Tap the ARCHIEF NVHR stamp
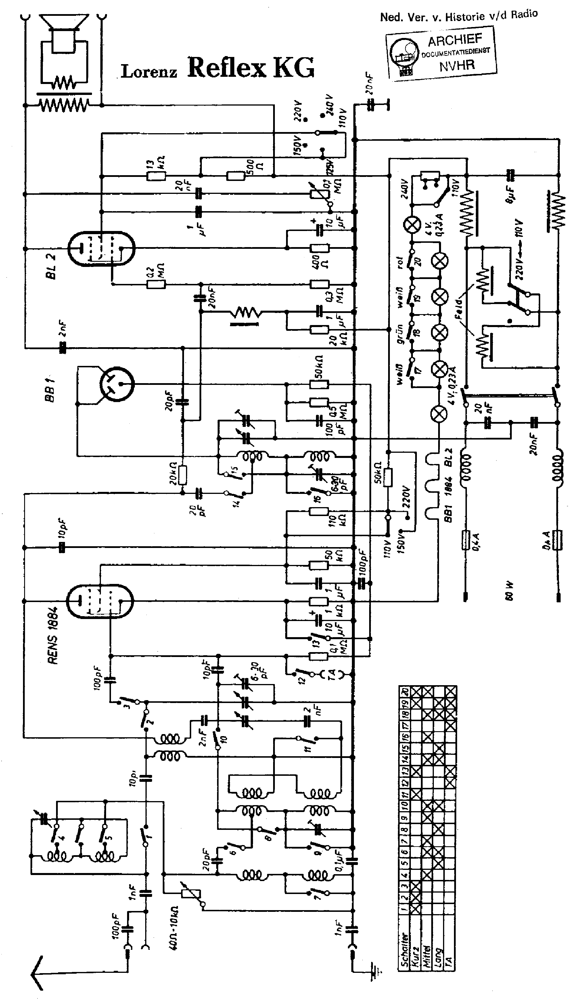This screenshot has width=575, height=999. [442, 53]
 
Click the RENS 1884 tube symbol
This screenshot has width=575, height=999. [99, 601]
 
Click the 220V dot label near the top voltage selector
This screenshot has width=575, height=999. [298, 111]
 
